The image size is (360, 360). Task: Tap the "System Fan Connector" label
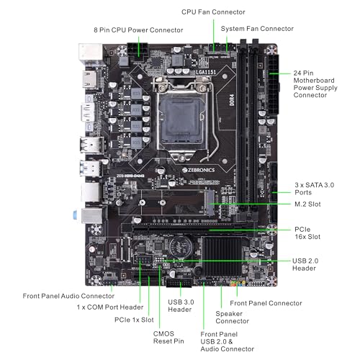tap(257, 29)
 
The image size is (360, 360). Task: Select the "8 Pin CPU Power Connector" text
tap(139, 30)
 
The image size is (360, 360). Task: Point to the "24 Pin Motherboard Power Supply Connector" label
tap(319, 84)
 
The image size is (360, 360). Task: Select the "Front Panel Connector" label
tap(266, 303)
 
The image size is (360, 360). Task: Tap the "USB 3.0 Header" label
tap(180, 305)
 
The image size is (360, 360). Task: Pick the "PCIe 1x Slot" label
tap(137, 319)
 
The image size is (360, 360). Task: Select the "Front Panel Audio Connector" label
tap(68, 295)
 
